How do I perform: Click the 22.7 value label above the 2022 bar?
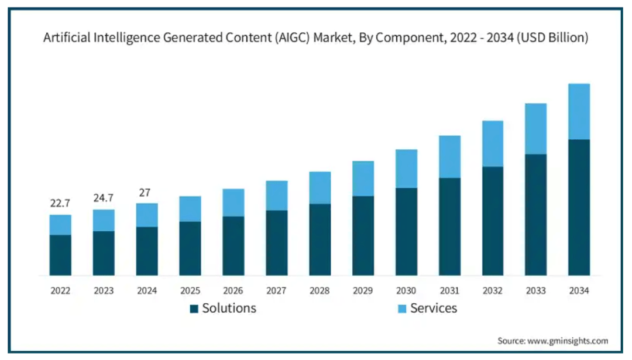click(60, 203)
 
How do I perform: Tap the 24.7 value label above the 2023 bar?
click(104, 198)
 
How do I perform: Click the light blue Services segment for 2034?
click(579, 111)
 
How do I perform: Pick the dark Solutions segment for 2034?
click(579, 207)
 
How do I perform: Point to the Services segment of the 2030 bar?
click(406, 169)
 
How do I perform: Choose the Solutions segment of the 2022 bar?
click(60, 255)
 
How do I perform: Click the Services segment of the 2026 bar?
click(233, 203)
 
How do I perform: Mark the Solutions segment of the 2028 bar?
click(320, 239)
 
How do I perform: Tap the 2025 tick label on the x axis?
click(190, 290)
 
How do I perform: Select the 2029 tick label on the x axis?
click(363, 290)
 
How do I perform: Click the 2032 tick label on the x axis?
click(493, 290)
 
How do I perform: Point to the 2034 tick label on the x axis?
click(579, 290)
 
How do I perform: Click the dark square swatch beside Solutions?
click(194, 308)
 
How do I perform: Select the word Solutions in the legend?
click(229, 308)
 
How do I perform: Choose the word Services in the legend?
click(433, 308)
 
